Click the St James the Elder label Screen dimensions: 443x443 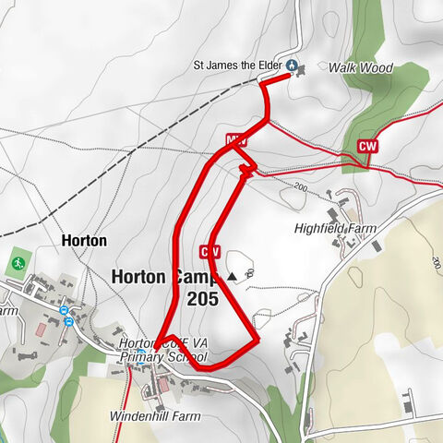(x=237, y=66)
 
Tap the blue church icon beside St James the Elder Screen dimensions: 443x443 (x=292, y=66)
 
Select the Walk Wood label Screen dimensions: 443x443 (x=361, y=67)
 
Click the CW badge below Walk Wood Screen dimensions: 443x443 (x=368, y=146)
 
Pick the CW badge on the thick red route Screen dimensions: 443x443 (x=210, y=251)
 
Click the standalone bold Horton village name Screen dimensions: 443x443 (x=84, y=240)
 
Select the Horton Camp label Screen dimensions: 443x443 (x=162, y=276)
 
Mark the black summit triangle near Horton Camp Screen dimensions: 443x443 (x=232, y=275)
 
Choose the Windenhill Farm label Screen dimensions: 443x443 (x=154, y=417)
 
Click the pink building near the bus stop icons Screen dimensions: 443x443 (x=40, y=329)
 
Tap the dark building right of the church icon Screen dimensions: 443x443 (x=305, y=67)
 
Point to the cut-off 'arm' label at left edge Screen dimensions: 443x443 (x=8, y=311)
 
